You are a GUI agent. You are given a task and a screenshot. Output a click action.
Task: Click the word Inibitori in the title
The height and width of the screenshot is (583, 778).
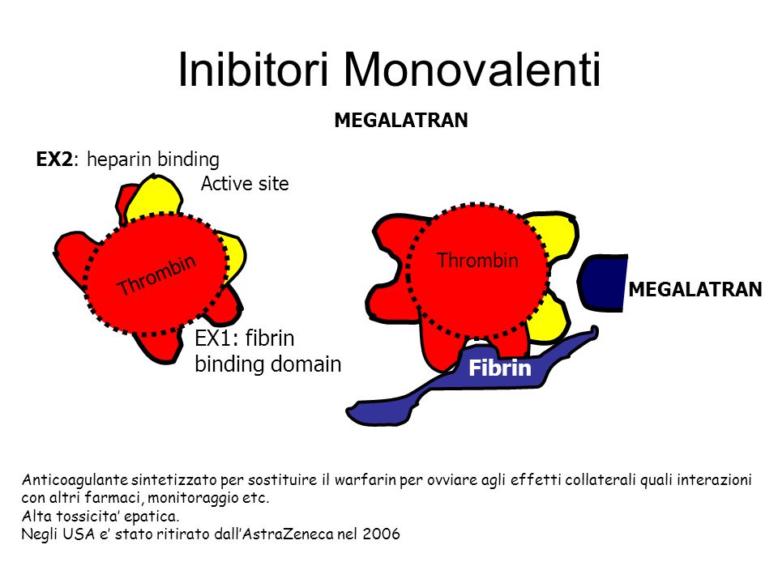coord(253,70)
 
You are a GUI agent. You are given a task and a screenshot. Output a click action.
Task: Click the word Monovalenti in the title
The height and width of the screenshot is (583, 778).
coord(472,70)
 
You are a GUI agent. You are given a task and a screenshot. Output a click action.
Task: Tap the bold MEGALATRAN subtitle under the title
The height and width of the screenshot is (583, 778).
coord(401,121)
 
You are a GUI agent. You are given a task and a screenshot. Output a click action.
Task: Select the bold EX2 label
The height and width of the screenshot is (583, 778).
coord(54,160)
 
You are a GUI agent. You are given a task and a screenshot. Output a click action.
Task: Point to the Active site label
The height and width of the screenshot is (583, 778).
coord(245,184)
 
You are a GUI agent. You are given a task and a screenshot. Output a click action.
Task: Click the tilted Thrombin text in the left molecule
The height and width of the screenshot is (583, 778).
coord(156,275)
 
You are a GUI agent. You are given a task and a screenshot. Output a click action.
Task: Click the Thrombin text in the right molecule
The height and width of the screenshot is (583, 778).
coord(477,260)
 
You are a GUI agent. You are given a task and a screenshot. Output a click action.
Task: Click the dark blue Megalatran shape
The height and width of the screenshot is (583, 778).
coord(602,283)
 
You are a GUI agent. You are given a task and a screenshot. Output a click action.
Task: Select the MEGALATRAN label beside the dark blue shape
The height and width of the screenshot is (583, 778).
coord(695,290)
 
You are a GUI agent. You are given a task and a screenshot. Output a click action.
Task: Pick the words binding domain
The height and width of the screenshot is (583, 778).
coord(268,364)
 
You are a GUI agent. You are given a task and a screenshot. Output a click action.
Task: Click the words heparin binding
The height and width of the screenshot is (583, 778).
coord(153,160)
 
